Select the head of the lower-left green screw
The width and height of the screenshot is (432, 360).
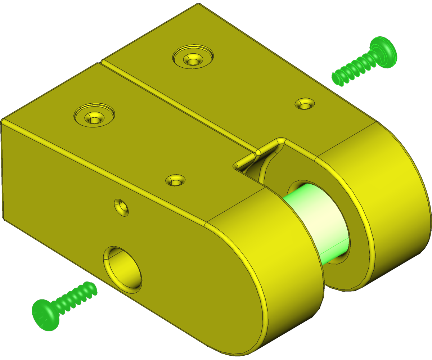(45, 315)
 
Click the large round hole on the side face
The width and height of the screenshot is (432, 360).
(122, 268)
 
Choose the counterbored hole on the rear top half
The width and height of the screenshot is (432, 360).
(193, 57)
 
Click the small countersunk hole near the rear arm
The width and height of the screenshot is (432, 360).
(305, 104)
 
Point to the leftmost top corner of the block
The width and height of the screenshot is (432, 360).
(3, 120)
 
